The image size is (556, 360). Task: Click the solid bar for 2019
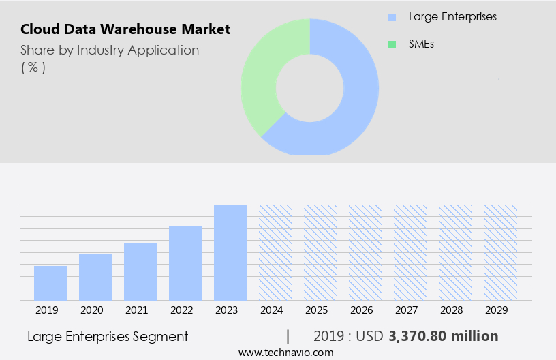(50, 283)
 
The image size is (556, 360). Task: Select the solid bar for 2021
(140, 271)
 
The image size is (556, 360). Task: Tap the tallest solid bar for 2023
(230, 252)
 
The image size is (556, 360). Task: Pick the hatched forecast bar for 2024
(275, 252)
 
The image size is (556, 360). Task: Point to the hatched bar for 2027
(410, 252)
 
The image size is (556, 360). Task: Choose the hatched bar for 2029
(500, 252)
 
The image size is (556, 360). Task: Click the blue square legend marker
(392, 17)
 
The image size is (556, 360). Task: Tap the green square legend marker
(392, 44)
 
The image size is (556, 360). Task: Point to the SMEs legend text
(421, 44)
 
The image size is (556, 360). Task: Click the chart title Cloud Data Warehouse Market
(125, 29)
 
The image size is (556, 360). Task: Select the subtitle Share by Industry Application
(110, 50)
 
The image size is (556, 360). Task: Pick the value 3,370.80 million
(444, 336)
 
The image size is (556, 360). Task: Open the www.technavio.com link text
(285, 352)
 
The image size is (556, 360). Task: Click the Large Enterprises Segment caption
(108, 336)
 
